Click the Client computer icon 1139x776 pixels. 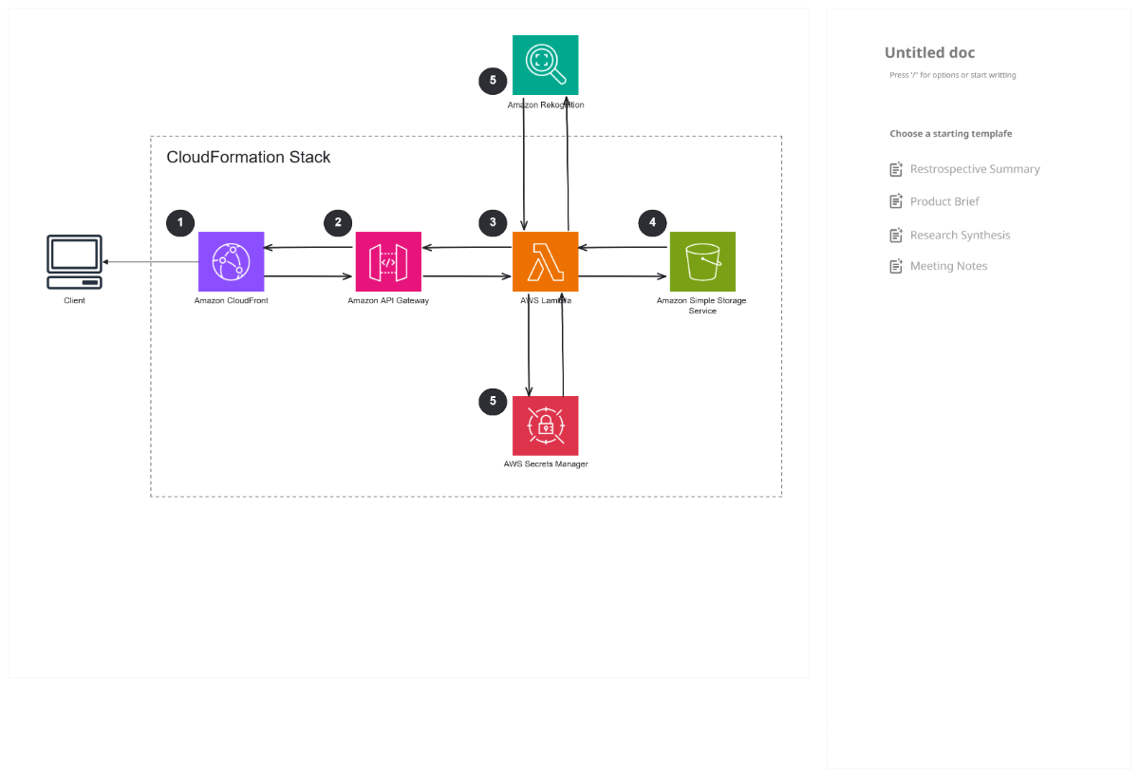tap(74, 262)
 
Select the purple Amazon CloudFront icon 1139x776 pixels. tap(231, 261)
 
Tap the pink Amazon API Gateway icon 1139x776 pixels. tap(388, 261)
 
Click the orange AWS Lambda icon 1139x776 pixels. tap(545, 261)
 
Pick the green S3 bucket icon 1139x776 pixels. tap(702, 261)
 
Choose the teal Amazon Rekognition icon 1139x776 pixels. tap(545, 65)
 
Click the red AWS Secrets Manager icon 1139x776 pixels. tap(545, 426)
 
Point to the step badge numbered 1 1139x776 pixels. tap(180, 223)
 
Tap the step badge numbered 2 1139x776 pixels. tap(338, 223)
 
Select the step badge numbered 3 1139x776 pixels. tap(493, 223)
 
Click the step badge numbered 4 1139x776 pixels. tap(652, 223)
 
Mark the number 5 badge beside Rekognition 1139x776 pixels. tap(493, 81)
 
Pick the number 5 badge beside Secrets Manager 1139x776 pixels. tap(493, 402)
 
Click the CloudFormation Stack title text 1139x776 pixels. tap(249, 158)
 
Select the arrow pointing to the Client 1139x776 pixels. tap(152, 262)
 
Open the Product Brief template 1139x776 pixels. tap(943, 201)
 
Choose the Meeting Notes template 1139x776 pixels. tap(947, 266)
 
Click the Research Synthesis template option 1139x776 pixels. tap(959, 235)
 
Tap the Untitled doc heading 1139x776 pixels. tap(929, 53)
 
